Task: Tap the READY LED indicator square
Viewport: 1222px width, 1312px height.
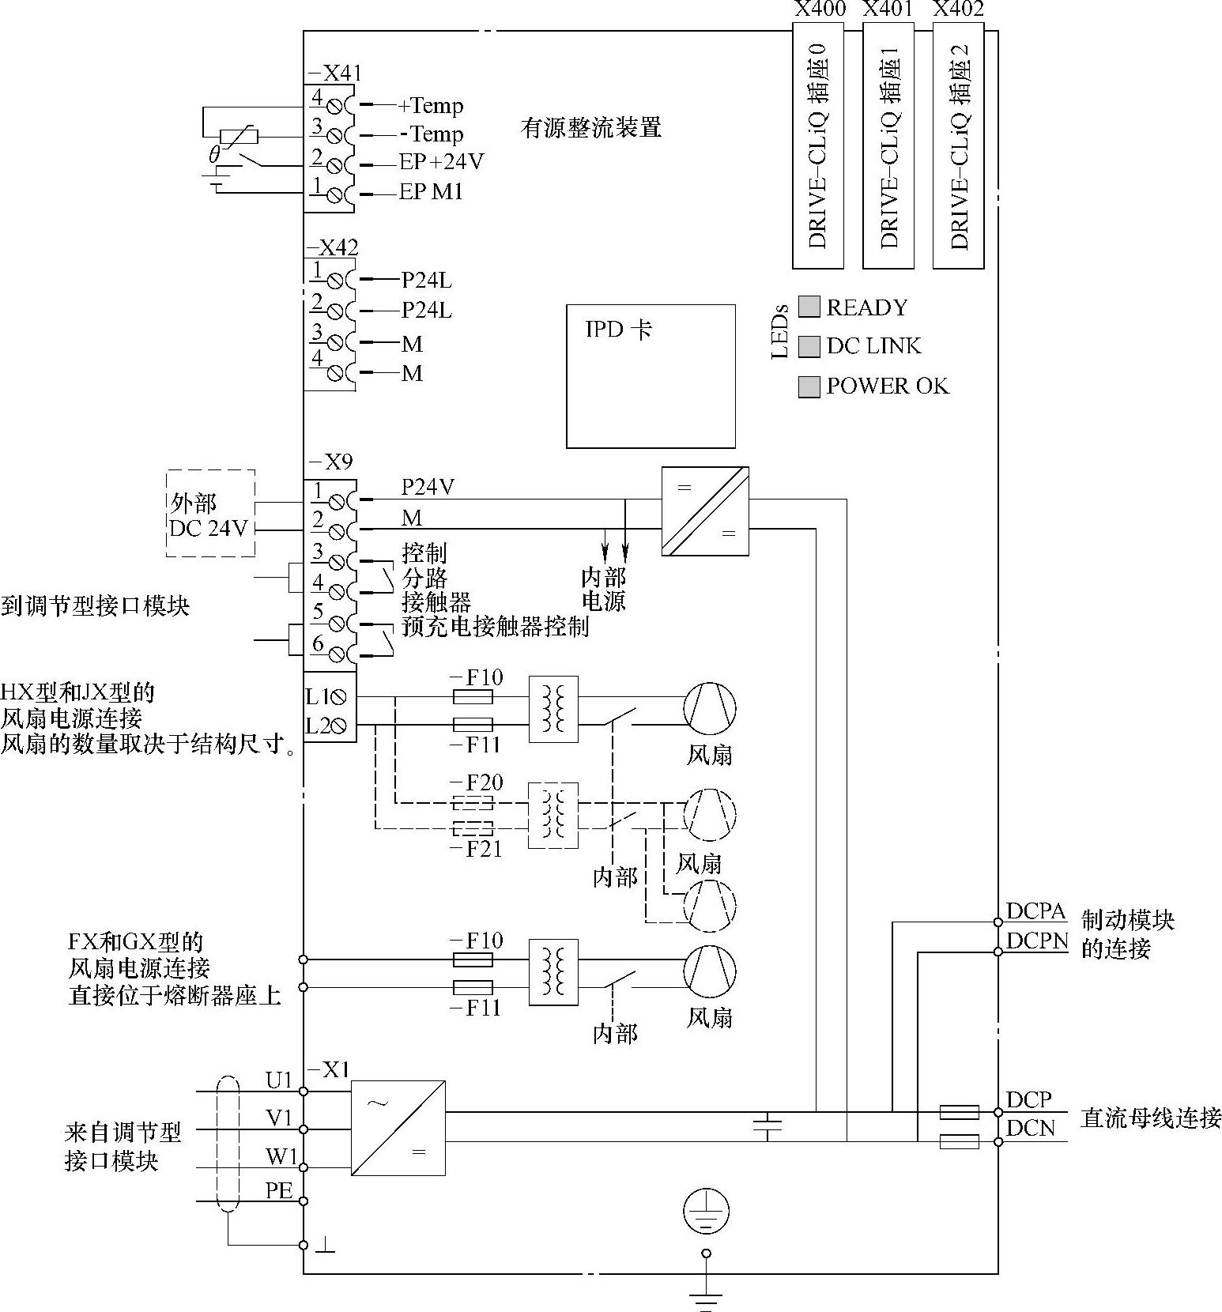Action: (x=809, y=307)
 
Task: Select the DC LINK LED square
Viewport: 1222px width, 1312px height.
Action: (x=809, y=346)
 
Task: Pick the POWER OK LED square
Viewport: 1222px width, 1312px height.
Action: (x=809, y=386)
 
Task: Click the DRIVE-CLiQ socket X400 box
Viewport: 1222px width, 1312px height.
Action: (x=818, y=145)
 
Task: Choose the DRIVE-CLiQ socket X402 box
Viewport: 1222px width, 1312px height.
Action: (x=959, y=145)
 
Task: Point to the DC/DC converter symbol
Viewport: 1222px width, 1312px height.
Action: (x=705, y=511)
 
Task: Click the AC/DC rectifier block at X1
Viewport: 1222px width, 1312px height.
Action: (x=398, y=1128)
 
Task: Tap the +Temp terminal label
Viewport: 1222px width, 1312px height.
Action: (x=431, y=105)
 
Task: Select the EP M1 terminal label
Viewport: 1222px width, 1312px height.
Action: (x=431, y=192)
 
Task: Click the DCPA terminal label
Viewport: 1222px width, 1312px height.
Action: (x=1036, y=911)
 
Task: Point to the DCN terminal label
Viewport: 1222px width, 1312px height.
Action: (x=1031, y=1129)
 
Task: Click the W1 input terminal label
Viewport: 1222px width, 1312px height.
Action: (x=281, y=1157)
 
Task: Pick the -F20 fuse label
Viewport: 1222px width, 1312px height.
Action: (x=477, y=782)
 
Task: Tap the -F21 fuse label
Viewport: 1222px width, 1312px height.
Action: (x=476, y=850)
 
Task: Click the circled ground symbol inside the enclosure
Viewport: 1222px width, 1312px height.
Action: (x=706, y=1211)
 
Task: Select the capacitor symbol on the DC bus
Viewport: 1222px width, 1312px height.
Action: (x=768, y=1127)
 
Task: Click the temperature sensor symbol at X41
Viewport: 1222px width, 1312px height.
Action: (x=239, y=136)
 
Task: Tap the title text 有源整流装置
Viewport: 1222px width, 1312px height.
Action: (x=591, y=127)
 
